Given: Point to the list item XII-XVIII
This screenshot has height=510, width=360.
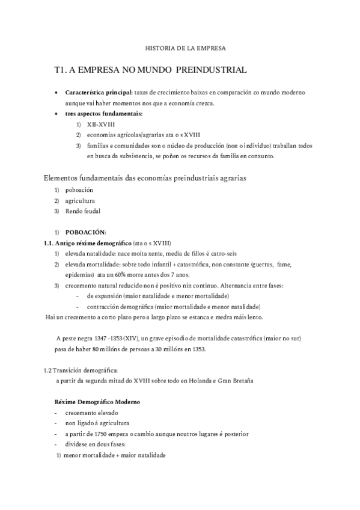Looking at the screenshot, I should point(100,124).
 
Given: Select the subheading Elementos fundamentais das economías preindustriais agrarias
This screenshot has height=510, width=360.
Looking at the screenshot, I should point(145,178).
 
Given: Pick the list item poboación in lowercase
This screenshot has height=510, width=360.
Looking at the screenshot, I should point(79,190).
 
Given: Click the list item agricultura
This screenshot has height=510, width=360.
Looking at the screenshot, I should point(80,200).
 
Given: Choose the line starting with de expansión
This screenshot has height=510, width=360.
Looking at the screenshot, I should point(157,296).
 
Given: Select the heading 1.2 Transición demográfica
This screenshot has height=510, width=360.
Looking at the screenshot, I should point(81,370).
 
